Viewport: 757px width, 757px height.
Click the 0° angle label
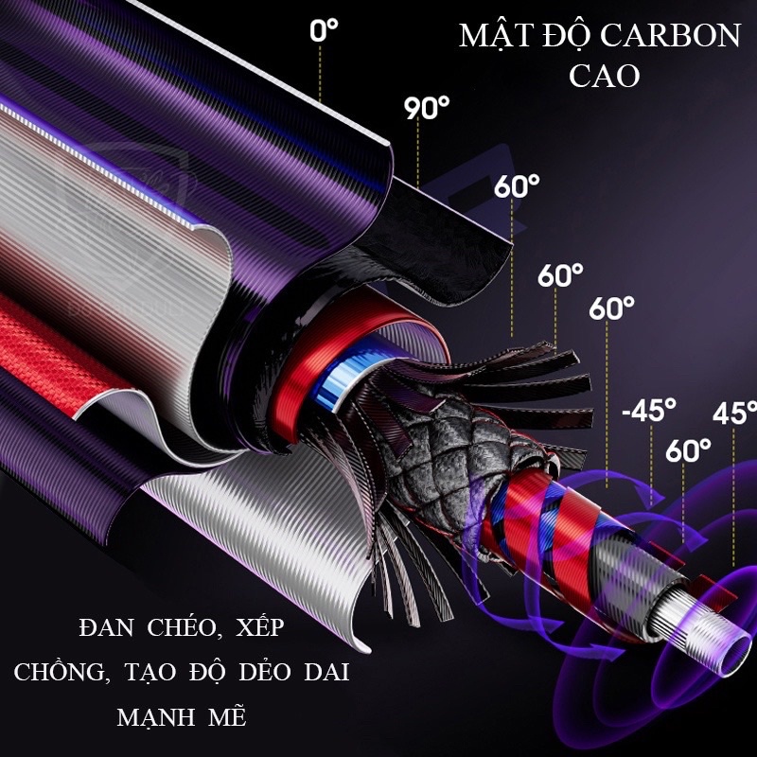(324, 31)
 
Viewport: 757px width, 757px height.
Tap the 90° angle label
(427, 108)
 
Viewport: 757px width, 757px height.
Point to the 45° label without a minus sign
(735, 413)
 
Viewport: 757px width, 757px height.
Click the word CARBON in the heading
(680, 36)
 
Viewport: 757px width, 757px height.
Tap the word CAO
(604, 76)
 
